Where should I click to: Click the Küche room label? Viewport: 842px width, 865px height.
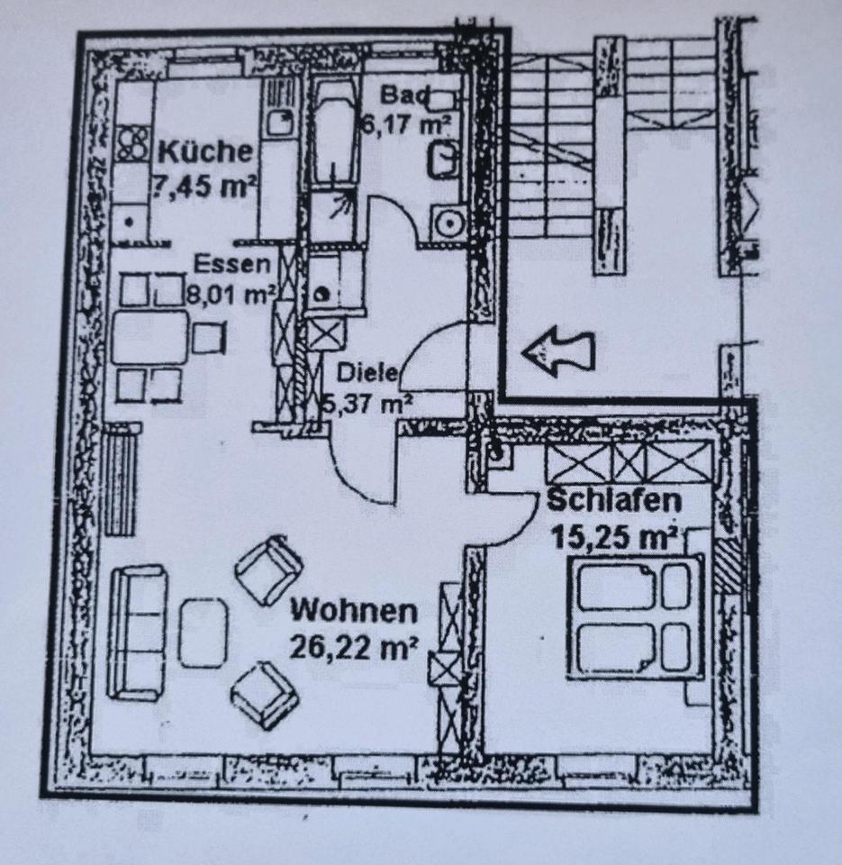(205, 152)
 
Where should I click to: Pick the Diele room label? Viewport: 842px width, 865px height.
(367, 372)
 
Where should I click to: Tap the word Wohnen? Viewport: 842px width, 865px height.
(354, 612)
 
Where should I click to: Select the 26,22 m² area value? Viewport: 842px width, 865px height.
(354, 645)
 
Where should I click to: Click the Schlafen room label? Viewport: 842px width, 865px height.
(614, 501)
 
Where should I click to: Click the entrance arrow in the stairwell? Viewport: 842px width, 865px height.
(558, 351)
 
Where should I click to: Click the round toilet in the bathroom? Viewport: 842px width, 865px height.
(447, 220)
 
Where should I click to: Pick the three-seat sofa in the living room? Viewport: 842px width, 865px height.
(137, 632)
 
